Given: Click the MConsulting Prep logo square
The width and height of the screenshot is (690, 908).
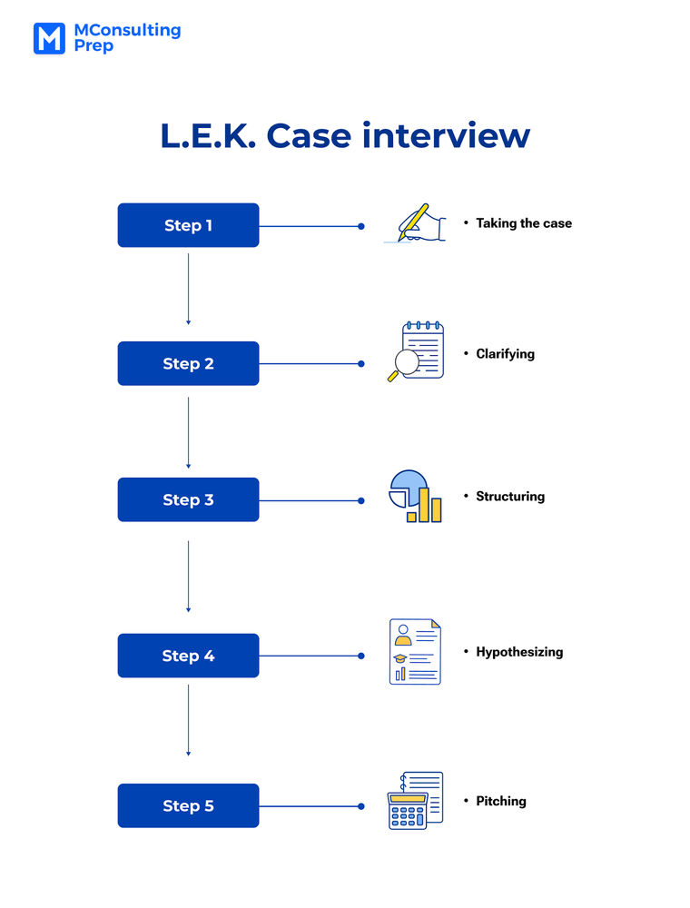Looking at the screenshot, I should click(x=49, y=38).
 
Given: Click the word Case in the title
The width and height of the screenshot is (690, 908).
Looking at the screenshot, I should click(x=306, y=135).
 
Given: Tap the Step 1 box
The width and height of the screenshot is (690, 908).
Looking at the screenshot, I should click(x=188, y=225).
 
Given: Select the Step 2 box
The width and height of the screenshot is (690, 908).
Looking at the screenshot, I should click(x=188, y=363).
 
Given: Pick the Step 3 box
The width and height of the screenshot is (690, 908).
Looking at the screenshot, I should click(x=188, y=499).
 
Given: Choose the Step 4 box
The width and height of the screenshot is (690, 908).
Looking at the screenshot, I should click(x=188, y=656).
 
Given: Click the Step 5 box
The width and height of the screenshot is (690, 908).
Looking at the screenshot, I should click(x=188, y=805).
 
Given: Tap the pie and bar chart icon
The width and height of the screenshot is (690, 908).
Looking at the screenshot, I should click(x=416, y=496).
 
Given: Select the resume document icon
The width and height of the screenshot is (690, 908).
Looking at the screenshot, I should click(x=415, y=652).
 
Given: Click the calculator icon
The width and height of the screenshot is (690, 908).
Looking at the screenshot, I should click(x=415, y=800).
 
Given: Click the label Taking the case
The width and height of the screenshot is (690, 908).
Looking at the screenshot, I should click(x=524, y=223).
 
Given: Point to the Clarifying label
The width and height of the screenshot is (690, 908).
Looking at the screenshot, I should click(x=505, y=354).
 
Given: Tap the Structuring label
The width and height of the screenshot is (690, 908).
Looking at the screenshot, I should click(x=510, y=497).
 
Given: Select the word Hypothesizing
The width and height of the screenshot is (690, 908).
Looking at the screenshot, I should click(x=519, y=652).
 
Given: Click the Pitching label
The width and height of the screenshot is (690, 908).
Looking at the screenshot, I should click(x=501, y=801).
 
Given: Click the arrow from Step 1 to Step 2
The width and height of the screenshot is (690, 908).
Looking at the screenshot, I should click(x=188, y=289).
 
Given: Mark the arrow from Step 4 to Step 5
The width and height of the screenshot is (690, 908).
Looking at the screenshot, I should click(x=188, y=719).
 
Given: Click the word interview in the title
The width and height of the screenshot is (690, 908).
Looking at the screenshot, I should click(x=446, y=135).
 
